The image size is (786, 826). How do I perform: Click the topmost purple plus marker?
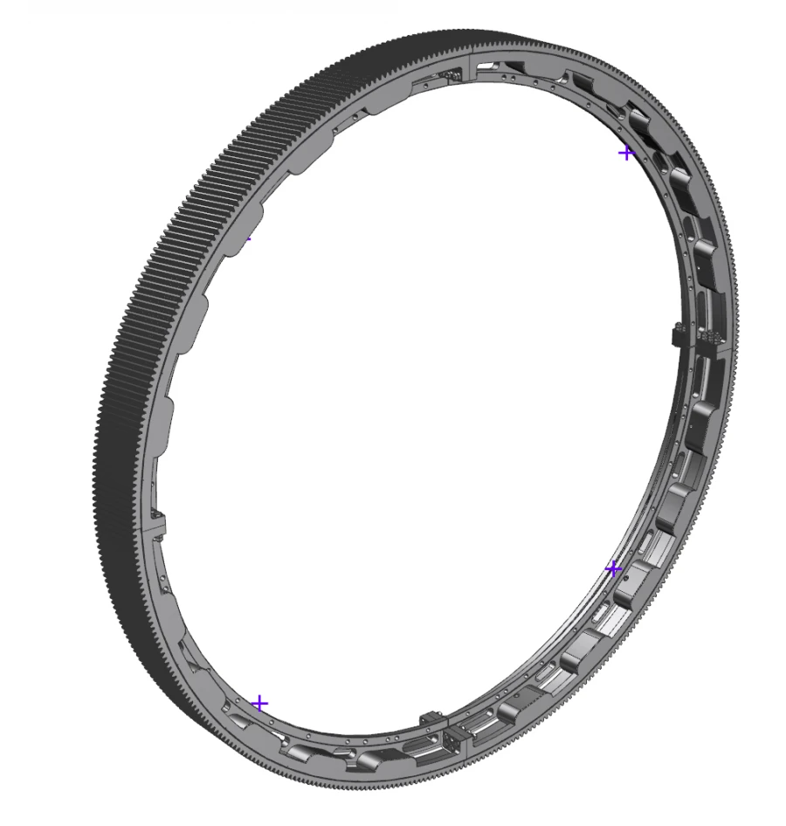(x=625, y=154)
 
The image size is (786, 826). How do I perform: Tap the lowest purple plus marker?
(x=259, y=704)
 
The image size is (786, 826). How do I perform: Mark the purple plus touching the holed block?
(x=613, y=569)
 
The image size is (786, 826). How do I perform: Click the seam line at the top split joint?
(x=472, y=65)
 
